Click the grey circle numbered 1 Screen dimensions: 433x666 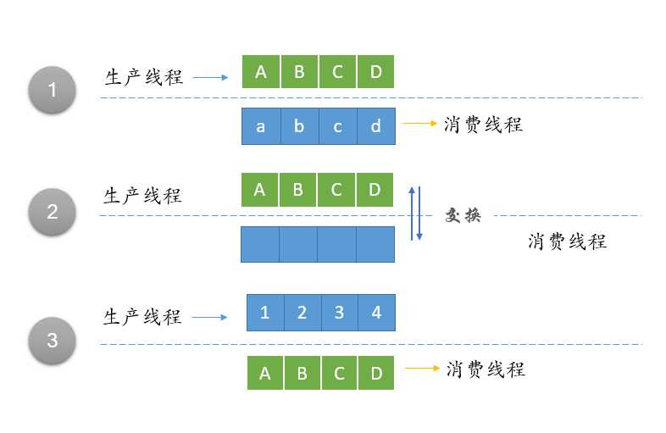click(53, 89)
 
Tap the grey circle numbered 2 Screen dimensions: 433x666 click(53, 211)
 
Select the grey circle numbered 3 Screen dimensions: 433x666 click(53, 341)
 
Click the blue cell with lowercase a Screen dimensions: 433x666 click(260, 126)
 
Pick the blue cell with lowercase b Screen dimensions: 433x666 click(299, 126)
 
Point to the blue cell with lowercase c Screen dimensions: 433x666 click(337, 126)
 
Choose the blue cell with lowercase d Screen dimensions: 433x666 click(375, 126)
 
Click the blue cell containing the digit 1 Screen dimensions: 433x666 click(265, 313)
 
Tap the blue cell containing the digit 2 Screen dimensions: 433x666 click(302, 313)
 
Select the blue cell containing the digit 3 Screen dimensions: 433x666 click(339, 313)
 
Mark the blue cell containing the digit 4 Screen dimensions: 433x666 click(376, 313)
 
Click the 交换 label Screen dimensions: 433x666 click(463, 215)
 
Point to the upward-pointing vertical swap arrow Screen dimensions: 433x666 click(410, 213)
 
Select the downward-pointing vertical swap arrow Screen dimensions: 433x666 click(419, 214)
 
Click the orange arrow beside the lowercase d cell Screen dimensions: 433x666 click(419, 124)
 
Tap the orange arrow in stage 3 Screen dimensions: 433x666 click(422, 369)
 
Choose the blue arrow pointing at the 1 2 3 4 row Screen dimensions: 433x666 click(210, 318)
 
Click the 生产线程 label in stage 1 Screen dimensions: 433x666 click(144, 77)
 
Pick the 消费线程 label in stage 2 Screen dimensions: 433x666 click(567, 241)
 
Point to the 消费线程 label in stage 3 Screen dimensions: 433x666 click(486, 369)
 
